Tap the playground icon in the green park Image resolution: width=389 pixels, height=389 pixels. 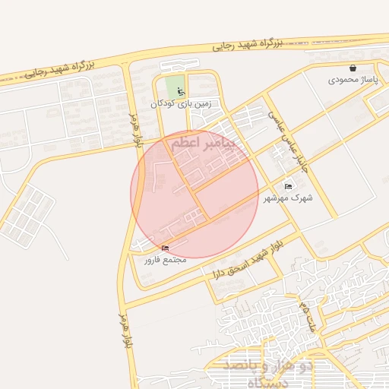tap(180, 91)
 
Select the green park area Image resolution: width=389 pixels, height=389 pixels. tap(175, 85)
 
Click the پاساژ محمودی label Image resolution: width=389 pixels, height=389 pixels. tap(353, 79)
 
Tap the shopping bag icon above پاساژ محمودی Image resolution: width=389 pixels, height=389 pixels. tap(353, 68)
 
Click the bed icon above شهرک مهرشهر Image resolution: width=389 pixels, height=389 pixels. tap(288, 186)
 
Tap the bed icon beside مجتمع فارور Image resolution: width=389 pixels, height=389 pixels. tap(166, 248)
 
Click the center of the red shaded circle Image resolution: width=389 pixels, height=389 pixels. tap(194, 194)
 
